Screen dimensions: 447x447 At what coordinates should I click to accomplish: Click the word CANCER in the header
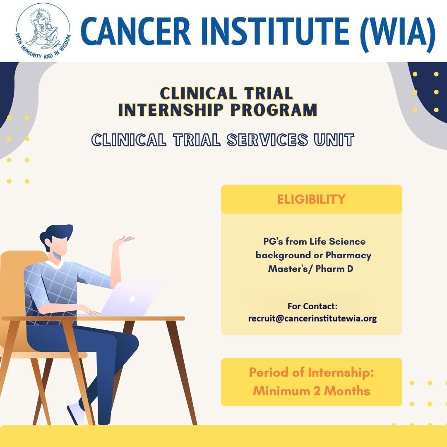point(135,31)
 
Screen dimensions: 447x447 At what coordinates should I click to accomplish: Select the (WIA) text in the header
point(398,34)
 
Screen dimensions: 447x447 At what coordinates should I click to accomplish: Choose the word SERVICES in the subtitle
point(267,140)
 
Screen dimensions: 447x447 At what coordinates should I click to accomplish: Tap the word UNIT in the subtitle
point(334,140)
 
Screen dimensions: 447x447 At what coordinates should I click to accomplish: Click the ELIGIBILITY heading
point(311,199)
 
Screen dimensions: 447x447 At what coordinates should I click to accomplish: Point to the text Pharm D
point(334,269)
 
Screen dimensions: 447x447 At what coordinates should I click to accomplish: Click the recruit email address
point(312,318)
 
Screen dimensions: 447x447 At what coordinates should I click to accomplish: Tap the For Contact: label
point(312,306)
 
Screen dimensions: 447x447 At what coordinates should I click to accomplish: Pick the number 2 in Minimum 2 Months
point(317,391)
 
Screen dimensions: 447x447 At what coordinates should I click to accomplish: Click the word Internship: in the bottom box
point(341,373)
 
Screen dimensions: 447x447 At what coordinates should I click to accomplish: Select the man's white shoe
point(76,413)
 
